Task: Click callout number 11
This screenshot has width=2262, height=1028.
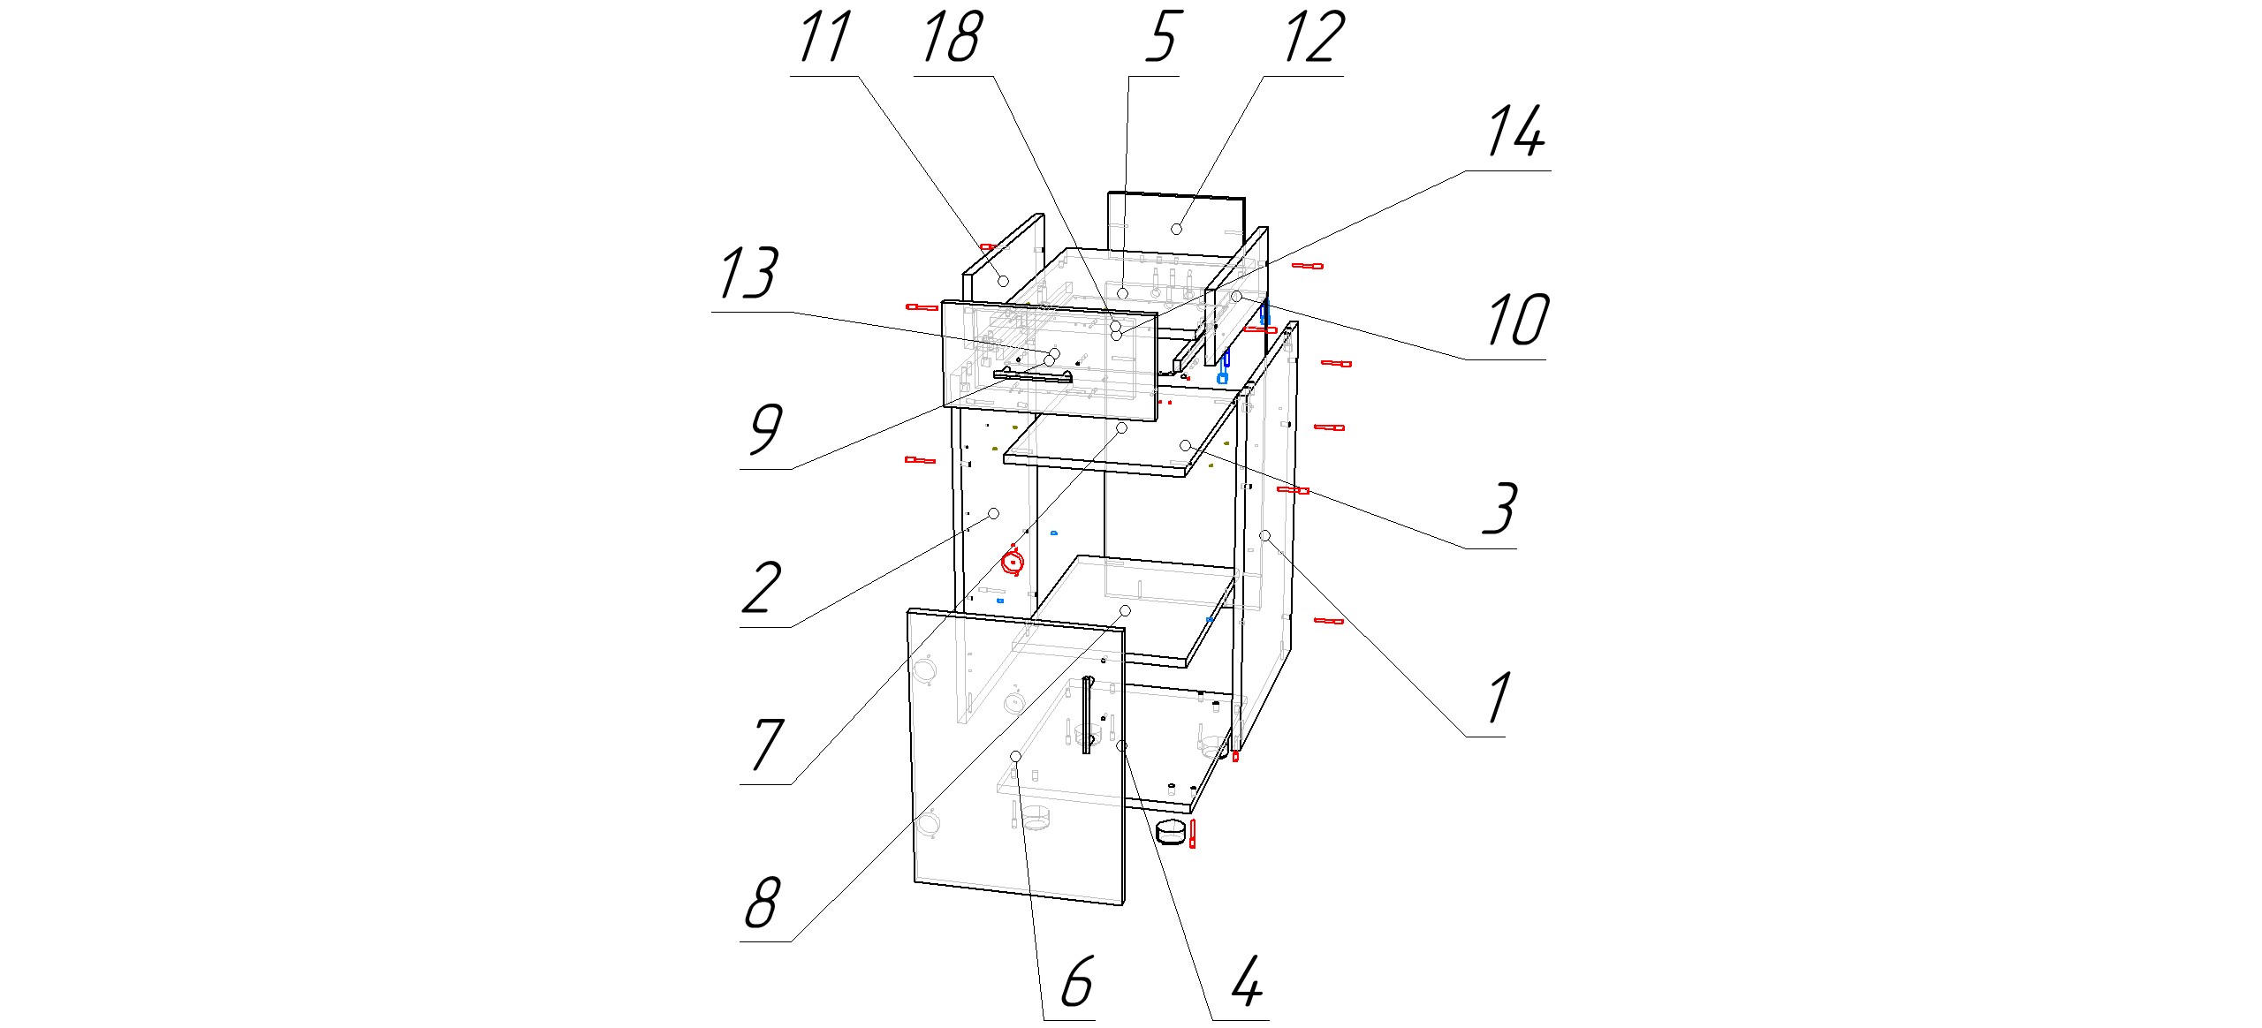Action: [824, 39]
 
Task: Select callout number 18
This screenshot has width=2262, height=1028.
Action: [951, 39]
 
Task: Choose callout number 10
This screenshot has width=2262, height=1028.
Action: [1517, 321]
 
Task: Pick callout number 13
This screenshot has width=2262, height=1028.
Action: [748, 274]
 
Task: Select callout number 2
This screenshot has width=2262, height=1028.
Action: [761, 589]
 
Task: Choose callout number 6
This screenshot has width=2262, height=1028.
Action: [1076, 982]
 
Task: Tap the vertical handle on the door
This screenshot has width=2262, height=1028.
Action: [1087, 715]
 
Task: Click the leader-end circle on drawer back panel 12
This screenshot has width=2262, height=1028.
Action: [1176, 230]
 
